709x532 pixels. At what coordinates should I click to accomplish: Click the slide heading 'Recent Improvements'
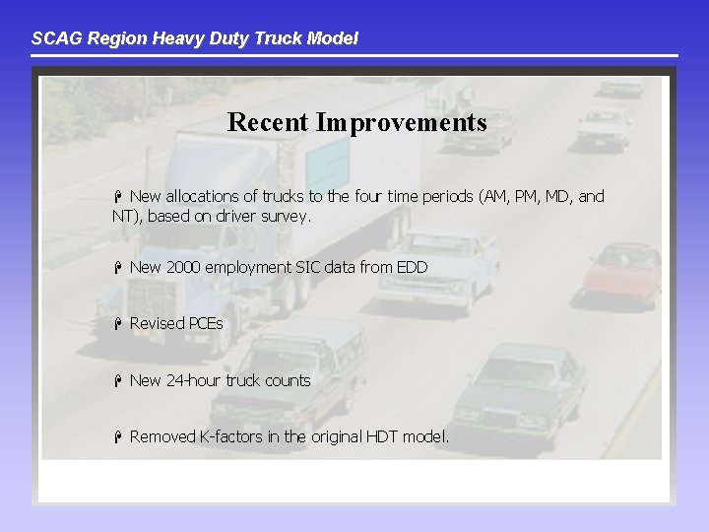[x=356, y=122]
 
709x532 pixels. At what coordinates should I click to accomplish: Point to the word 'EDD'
[x=412, y=267]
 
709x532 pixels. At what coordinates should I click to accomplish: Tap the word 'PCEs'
[x=205, y=324]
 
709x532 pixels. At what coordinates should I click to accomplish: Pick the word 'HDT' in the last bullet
[x=376, y=436]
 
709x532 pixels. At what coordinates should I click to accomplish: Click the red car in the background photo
[x=621, y=272]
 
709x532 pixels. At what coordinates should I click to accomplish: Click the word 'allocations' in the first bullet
[x=204, y=196]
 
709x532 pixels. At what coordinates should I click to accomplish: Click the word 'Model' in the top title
[x=335, y=38]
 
